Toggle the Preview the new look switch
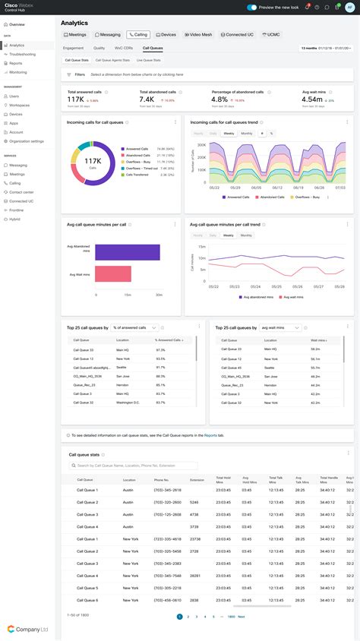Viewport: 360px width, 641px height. tap(252, 8)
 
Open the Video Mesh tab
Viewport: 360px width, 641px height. tap(198, 34)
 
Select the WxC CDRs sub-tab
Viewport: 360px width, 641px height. tap(122, 47)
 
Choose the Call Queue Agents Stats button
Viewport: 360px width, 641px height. tap(112, 59)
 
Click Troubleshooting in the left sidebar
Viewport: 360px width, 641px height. tap(22, 54)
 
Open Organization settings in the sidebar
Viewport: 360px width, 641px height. tap(26, 141)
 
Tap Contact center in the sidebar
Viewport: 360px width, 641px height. tap(21, 192)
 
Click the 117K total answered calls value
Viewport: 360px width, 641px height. tap(75, 99)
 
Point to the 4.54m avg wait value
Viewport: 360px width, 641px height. tap(312, 99)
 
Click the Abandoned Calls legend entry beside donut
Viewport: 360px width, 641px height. tap(137, 155)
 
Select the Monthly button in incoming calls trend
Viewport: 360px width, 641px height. tap(247, 133)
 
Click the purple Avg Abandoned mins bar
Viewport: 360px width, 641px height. tap(127, 252)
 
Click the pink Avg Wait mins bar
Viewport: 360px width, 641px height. tap(112, 274)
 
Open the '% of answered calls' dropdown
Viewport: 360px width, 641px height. tap(134, 327)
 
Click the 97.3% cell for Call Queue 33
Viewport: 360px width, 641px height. tap(160, 349)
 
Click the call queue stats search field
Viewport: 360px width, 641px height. tap(133, 466)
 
